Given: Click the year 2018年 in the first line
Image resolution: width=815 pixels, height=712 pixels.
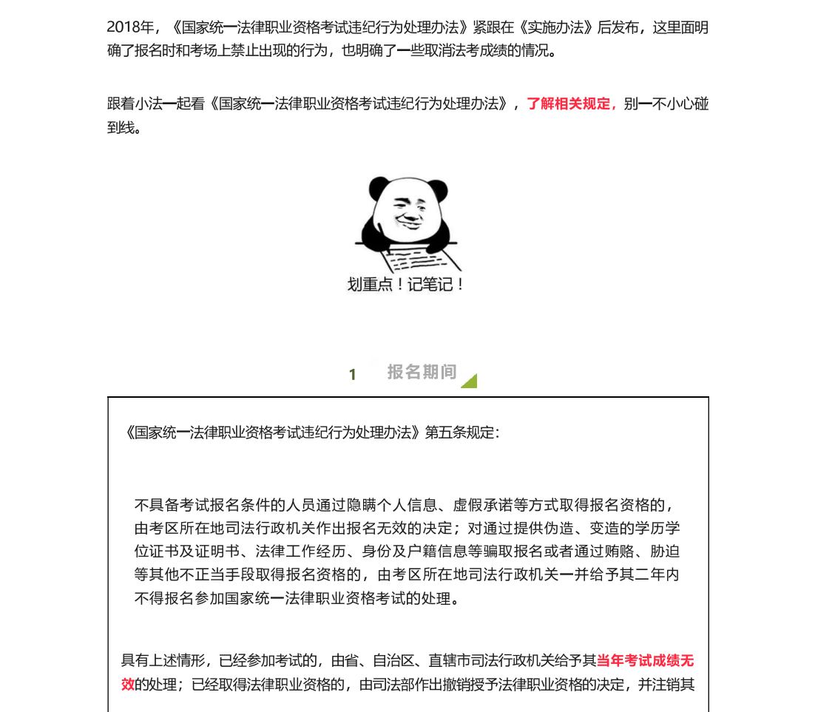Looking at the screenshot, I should pyautogui.click(x=130, y=28).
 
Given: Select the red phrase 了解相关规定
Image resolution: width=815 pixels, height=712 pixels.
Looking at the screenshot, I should pyautogui.click(x=569, y=104).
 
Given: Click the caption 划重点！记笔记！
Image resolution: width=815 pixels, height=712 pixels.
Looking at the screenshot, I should pyautogui.click(x=406, y=285).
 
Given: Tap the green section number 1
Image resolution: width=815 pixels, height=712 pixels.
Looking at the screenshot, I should pyautogui.click(x=353, y=375).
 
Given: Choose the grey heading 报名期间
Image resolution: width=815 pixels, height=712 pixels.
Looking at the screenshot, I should pyautogui.click(x=422, y=372).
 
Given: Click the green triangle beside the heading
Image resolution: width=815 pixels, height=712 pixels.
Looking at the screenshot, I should pyautogui.click(x=470, y=382).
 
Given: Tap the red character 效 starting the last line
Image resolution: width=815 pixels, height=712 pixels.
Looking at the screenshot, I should pyautogui.click(x=128, y=684).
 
